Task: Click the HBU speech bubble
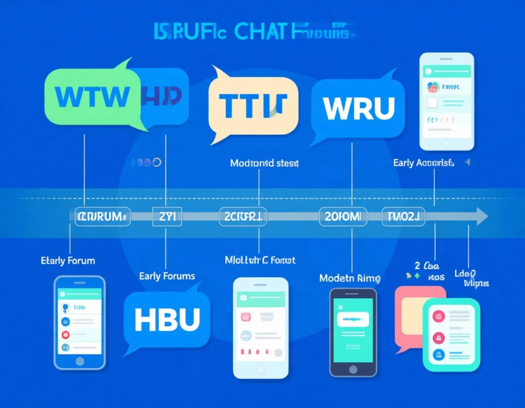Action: coord(167,318)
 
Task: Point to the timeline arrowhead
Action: coord(482,216)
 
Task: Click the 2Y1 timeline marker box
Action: coord(167,217)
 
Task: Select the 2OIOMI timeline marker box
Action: coord(343,217)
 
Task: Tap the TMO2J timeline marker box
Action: coord(403,217)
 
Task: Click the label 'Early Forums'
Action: coord(167,276)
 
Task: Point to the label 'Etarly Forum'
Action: coord(68,260)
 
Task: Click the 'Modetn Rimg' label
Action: coord(350,278)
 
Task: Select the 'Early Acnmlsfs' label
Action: coord(423,163)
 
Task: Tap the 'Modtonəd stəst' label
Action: coord(265,164)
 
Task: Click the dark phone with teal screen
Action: coord(353,331)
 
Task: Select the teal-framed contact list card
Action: coord(451,334)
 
